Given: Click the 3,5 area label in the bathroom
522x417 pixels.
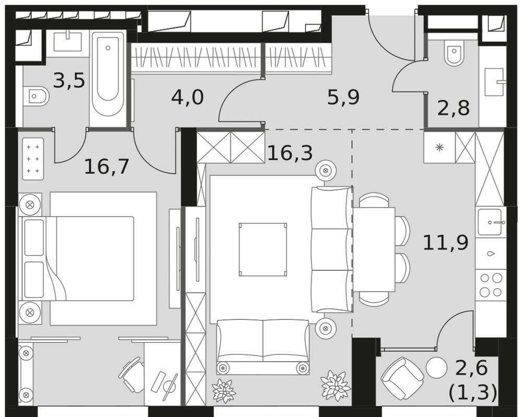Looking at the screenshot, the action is (69, 81).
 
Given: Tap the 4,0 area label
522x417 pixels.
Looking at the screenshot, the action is (187, 97).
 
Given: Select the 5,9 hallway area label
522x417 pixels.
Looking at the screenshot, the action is (343, 97).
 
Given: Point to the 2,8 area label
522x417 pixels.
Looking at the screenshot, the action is (453, 108).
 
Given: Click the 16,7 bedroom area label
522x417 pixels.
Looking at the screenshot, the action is (106, 166).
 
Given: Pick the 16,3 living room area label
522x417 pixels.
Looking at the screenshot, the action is (290, 153).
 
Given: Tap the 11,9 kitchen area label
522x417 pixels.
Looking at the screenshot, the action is (446, 242).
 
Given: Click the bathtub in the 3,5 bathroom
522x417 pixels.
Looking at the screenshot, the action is (108, 78).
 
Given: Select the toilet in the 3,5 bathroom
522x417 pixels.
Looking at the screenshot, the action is (36, 97).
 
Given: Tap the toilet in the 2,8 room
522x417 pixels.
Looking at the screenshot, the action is (455, 53).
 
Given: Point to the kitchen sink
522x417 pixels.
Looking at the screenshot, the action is (490, 222).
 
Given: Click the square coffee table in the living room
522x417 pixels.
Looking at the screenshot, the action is (263, 249).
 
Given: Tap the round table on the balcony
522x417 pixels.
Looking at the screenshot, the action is (436, 368).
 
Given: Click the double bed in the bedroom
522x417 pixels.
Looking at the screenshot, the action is (89, 258).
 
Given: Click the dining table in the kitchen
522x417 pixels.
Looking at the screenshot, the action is (374, 249).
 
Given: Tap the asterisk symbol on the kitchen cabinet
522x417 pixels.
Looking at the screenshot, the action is (440, 147).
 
